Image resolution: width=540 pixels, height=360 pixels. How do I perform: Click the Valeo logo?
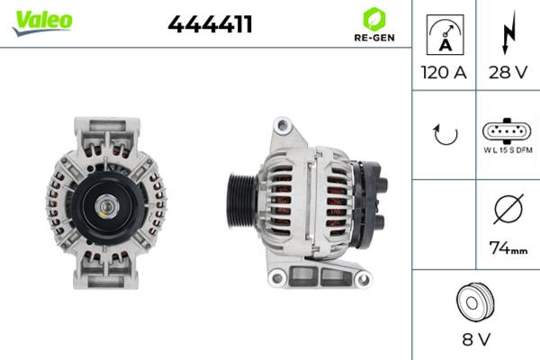(42, 22)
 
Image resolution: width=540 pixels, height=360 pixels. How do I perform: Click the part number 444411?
(210, 24)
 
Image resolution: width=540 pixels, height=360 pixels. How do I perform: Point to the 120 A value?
(444, 73)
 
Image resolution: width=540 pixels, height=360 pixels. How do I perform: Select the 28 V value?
(508, 73)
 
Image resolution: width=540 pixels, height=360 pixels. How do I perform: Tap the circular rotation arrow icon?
(445, 135)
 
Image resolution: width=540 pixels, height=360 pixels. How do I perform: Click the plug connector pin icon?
(508, 130)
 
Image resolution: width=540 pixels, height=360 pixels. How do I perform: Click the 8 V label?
(475, 341)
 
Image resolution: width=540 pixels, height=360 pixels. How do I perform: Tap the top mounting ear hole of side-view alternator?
(283, 122)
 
